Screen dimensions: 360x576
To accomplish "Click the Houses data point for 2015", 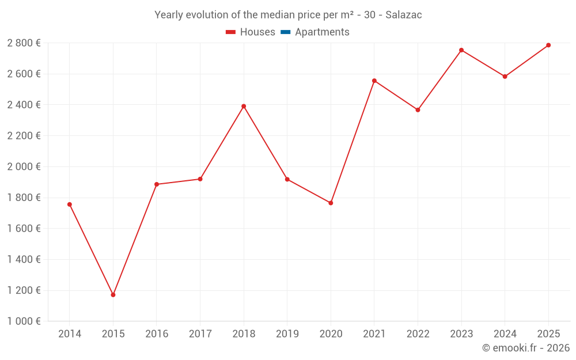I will click(113, 295).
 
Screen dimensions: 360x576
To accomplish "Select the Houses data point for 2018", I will click(244, 106).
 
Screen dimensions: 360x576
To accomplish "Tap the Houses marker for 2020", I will click(331, 203).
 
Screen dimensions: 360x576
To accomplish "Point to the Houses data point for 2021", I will click(374, 81).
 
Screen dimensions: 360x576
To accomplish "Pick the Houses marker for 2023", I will click(461, 50).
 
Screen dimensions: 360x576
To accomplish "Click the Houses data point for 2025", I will click(548, 45).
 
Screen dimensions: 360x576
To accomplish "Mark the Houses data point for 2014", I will click(70, 204).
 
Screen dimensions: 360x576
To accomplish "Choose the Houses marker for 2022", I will click(418, 110).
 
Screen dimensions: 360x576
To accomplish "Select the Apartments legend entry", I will click(322, 32).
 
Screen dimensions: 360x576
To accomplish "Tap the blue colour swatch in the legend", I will click(285, 32).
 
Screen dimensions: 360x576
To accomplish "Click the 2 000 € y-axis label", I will click(24, 167).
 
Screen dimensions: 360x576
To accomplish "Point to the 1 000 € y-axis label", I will click(24, 321).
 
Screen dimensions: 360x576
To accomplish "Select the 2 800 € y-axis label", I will click(24, 43).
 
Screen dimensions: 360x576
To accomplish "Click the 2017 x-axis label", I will click(200, 334).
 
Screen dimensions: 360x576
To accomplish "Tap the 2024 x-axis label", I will click(505, 334).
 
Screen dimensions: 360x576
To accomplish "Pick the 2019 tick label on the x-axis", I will click(287, 334).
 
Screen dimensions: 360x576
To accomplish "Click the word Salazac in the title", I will click(403, 15).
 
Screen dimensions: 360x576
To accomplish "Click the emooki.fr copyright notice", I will click(526, 348).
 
